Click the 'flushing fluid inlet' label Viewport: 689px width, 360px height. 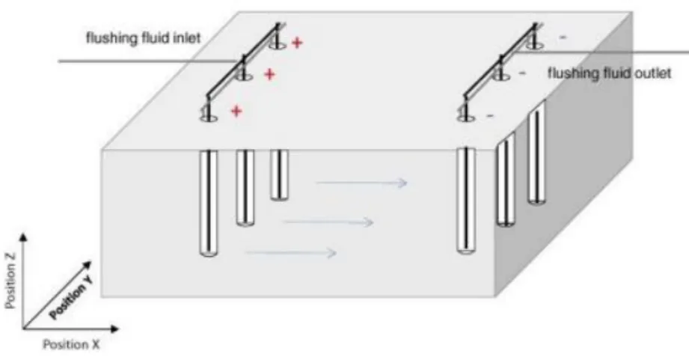pos(143,38)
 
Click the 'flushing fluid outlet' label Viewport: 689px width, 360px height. pos(610,73)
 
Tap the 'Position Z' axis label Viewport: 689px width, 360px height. pos(11,280)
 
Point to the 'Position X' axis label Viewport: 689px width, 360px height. pos(71,344)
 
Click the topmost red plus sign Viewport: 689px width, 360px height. pos(297,43)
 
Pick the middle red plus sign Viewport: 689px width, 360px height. pos(269,74)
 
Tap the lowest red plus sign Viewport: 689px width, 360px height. pos(236,111)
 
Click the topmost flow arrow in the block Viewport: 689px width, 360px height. pos(361,182)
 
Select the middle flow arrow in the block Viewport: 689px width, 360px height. pos(328,222)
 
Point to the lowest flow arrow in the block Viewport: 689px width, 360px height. pos(291,252)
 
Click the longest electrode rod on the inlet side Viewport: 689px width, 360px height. pos(208,203)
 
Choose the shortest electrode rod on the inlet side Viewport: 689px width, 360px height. pos(280,175)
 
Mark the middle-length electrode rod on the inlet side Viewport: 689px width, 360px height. pos(245,188)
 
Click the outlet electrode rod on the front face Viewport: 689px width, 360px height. pos(466,201)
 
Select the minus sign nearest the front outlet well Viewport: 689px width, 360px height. pos(490,116)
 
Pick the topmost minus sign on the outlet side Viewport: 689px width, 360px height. pos(563,38)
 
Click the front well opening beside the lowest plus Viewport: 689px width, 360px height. pos(209,118)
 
